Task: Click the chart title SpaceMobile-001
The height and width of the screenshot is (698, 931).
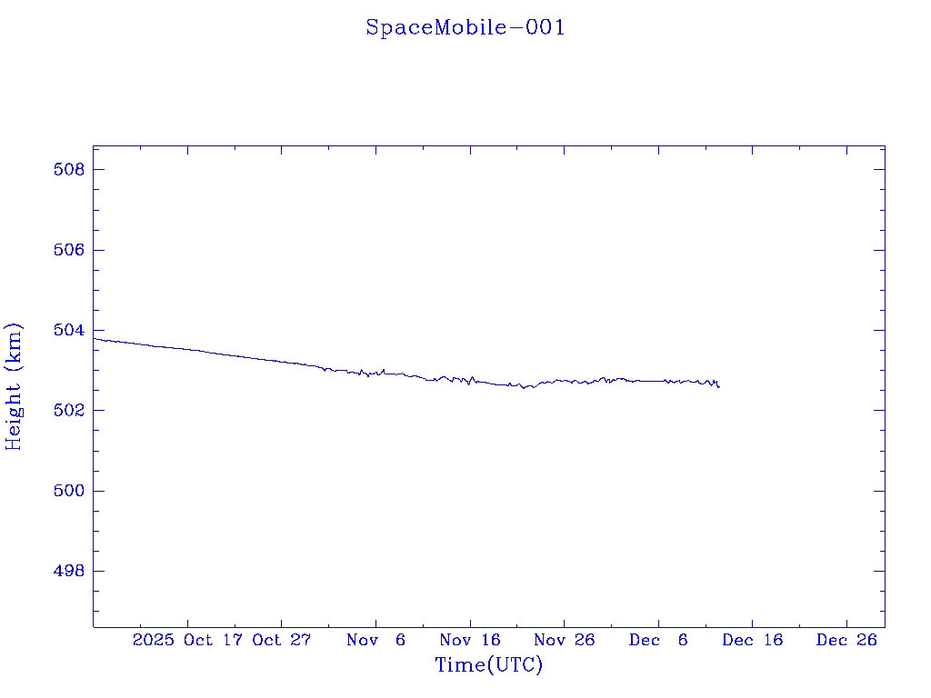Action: pos(465,28)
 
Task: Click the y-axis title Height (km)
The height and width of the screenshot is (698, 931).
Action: pos(14,386)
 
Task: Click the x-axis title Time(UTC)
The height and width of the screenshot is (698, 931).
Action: pos(489,665)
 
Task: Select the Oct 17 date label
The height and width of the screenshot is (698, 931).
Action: pos(215,640)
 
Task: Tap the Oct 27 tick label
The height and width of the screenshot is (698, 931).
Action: pos(282,640)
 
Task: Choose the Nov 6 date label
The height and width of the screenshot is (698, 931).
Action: pos(376,640)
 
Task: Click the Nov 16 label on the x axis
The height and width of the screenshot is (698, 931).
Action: pos(470,640)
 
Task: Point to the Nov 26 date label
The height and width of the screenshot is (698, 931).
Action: pos(565,640)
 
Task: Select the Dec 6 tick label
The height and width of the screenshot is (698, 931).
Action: pos(659,640)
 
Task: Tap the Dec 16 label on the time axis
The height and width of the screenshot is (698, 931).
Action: pos(753,640)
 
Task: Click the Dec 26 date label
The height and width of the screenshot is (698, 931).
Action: pos(846,640)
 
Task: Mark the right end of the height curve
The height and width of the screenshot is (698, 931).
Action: pos(719,387)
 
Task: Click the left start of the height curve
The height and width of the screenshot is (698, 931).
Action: pos(94,338)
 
